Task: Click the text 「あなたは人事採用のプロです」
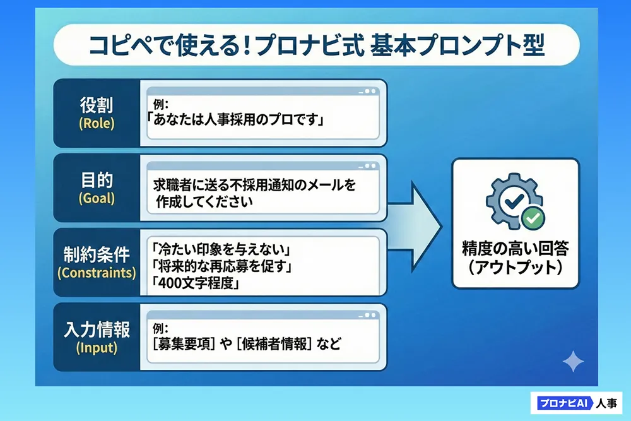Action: (x=235, y=119)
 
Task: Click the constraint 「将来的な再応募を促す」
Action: (x=217, y=266)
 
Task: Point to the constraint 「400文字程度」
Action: (x=192, y=283)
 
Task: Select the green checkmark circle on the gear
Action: (x=533, y=218)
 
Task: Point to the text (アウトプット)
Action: (x=515, y=267)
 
